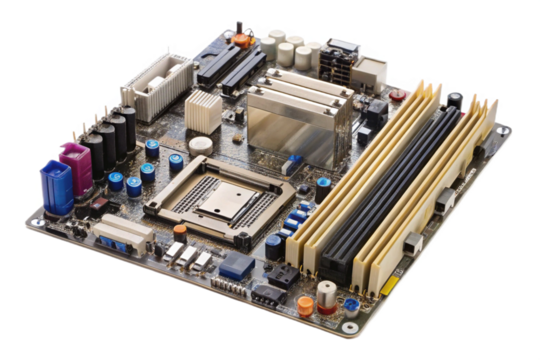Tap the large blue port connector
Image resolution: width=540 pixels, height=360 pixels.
[x=55, y=186]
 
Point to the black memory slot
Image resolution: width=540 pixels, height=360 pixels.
[x=399, y=185]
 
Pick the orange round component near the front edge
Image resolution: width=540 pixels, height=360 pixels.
[x=304, y=307]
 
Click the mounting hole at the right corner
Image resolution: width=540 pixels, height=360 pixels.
[x=503, y=130]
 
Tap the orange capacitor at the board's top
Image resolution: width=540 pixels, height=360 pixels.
[x=241, y=41]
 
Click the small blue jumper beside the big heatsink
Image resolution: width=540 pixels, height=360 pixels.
[x=293, y=160]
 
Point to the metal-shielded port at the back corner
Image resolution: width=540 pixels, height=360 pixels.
[x=367, y=69]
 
